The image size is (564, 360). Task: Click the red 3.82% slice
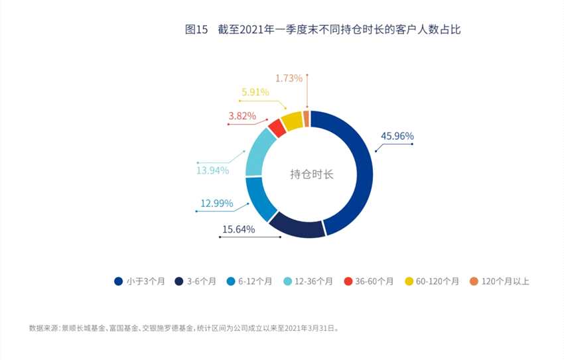pyautogui.click(x=277, y=127)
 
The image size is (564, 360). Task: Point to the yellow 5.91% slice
pyautogui.click(x=291, y=120)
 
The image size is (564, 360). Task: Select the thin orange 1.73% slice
pyautogui.click(x=306, y=117)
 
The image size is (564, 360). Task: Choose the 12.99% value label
pyautogui.click(x=216, y=204)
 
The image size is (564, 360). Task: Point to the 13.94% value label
pyautogui.click(x=212, y=170)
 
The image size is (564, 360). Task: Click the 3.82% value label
pyautogui.click(x=242, y=116)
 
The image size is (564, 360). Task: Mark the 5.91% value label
pyautogui.click(x=255, y=93)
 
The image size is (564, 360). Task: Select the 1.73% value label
pyautogui.click(x=289, y=78)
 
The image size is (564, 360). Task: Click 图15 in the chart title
pyautogui.click(x=196, y=30)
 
